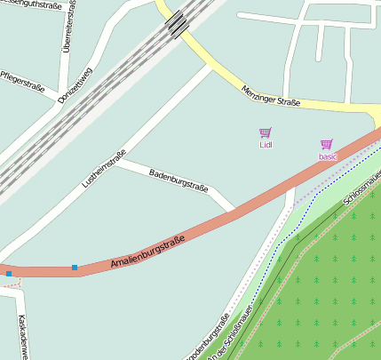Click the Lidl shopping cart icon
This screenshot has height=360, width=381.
(x=266, y=132)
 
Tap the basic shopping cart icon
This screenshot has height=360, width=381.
(x=327, y=144)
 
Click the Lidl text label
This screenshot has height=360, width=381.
(x=266, y=144)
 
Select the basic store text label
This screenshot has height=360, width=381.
(x=328, y=156)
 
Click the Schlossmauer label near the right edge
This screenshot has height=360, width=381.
(x=361, y=188)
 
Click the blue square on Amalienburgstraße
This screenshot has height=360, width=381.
(x=75, y=267)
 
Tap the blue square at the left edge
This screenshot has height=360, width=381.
(x=9, y=274)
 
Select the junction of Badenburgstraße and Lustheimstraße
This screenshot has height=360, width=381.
(x=116, y=161)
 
